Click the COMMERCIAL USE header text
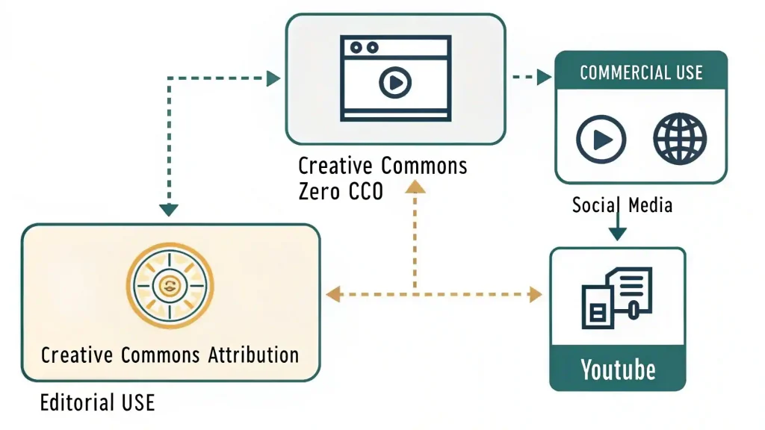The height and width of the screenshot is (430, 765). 641,72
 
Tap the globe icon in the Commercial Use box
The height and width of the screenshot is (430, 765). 680,139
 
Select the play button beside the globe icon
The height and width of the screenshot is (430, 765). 601,140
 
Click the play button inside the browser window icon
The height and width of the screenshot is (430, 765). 395,82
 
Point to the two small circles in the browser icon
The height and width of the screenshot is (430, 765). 364,48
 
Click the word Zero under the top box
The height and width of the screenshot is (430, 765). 320,191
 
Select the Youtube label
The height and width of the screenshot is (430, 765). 618,370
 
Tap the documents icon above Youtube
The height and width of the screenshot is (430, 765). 617,297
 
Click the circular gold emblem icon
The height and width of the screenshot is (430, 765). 170,286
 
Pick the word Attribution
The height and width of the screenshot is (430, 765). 253,355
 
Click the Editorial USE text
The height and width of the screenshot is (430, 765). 97,402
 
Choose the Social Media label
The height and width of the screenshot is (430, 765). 622,205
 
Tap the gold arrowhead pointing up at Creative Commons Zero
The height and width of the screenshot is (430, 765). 415,187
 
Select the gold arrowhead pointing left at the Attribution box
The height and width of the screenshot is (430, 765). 332,294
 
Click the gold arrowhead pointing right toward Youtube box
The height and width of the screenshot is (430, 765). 536,294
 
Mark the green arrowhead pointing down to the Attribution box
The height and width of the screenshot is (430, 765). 169,210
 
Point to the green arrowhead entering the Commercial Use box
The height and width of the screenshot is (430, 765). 545,77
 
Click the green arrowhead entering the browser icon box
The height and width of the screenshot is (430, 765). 273,78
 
